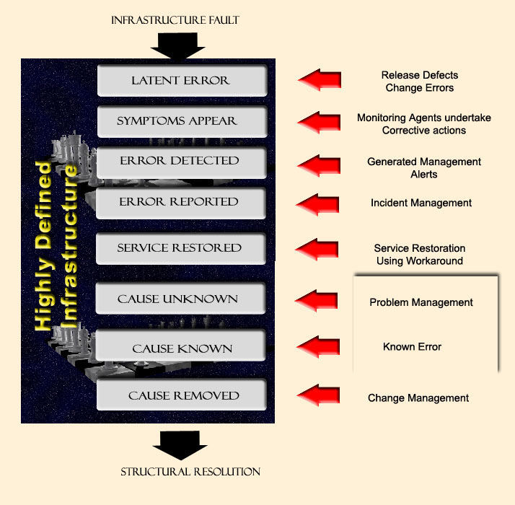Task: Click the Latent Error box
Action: (x=181, y=80)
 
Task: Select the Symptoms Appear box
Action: (x=181, y=121)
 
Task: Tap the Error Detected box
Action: (x=181, y=161)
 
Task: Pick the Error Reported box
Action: (x=181, y=202)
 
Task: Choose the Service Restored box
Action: (x=181, y=248)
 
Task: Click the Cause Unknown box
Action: (x=181, y=298)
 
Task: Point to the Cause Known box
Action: (x=181, y=348)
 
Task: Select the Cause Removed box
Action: (x=181, y=395)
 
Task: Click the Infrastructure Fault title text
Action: (x=175, y=20)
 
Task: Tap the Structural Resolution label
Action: (x=190, y=472)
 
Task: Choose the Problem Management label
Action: (x=421, y=302)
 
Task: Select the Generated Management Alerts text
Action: (x=424, y=168)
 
